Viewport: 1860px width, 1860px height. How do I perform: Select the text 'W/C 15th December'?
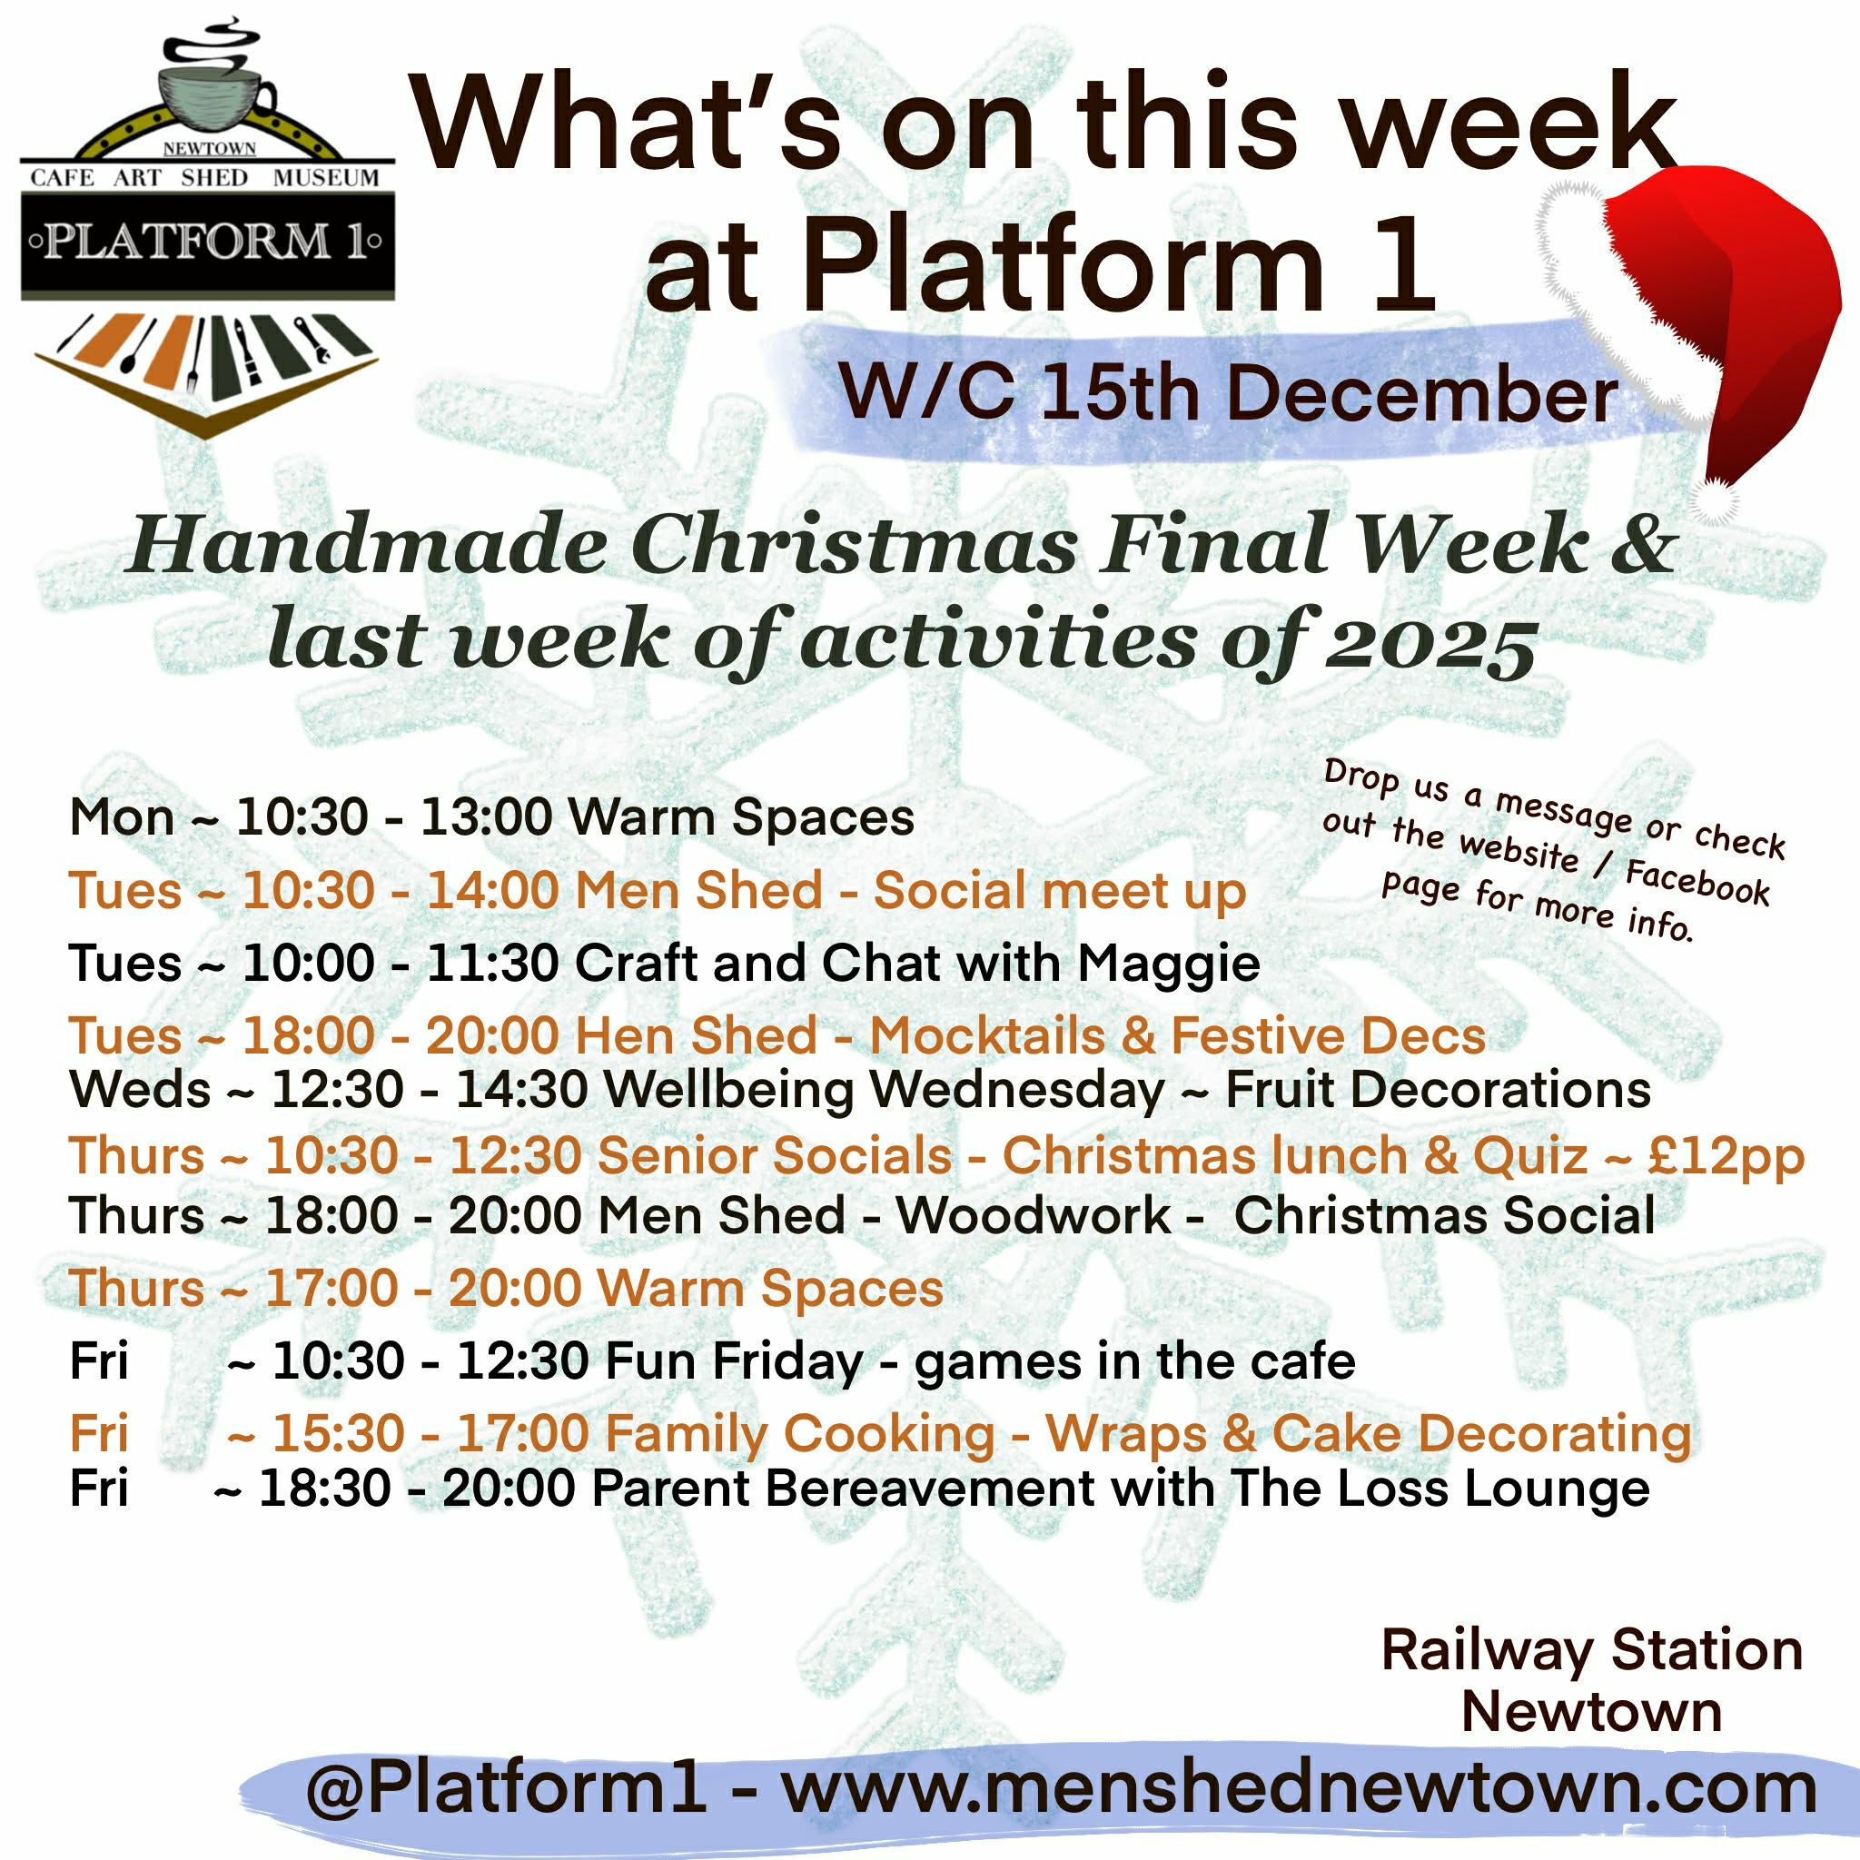1228,394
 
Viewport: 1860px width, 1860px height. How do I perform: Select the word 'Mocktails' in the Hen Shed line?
987,1036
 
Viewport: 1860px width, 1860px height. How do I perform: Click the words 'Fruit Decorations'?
1438,1090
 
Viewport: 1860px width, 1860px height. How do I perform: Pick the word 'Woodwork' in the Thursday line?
1033,1215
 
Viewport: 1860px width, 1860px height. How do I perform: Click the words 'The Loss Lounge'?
1440,1489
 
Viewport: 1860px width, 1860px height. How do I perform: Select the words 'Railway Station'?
1590,1650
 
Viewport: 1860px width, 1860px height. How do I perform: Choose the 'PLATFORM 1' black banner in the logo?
207,242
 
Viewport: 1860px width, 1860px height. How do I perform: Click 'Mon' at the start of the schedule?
122,818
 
